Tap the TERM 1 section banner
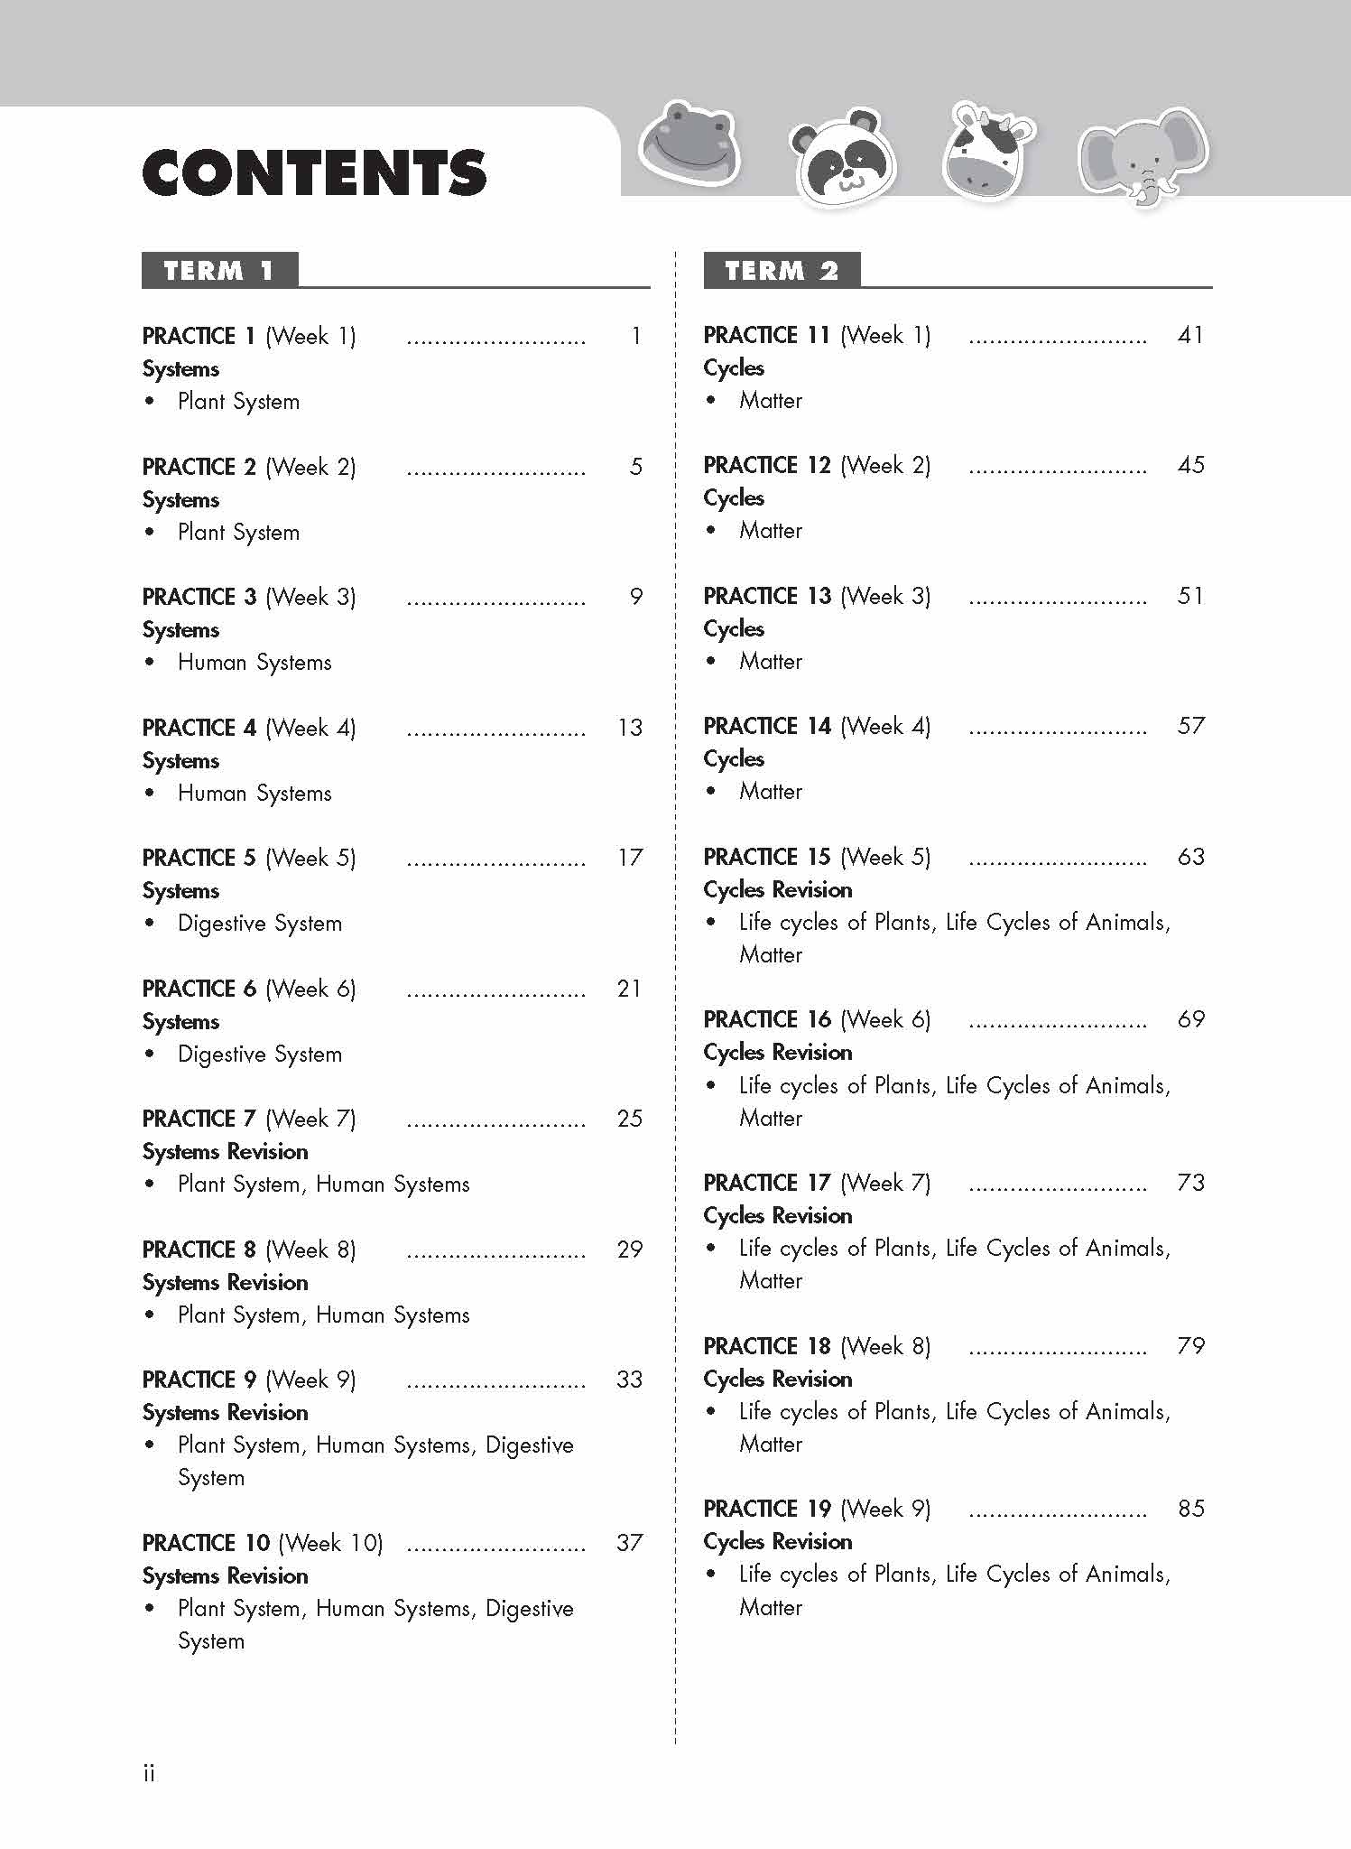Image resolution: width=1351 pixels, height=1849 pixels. pos(219,271)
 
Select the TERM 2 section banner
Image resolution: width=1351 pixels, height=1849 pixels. pos(782,271)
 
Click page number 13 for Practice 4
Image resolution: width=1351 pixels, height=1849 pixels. pos(630,728)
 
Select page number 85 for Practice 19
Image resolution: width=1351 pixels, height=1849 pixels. pos(1190,1509)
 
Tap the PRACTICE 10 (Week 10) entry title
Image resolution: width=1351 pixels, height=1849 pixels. pos(263,1543)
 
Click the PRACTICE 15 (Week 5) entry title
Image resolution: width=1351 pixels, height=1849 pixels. pos(817,857)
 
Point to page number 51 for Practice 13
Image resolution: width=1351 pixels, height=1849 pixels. pos(1190,596)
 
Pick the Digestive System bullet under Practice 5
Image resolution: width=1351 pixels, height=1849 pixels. pos(260,924)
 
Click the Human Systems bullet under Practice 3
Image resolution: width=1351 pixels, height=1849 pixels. pos(254,663)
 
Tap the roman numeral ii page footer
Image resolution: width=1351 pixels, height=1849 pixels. pos(149,1773)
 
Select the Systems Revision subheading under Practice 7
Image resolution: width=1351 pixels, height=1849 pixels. pos(226,1152)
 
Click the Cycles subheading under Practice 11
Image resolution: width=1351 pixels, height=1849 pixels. pos(734,368)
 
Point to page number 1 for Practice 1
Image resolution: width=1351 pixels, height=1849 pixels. pos(636,337)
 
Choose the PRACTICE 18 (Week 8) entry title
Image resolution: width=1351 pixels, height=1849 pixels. pos(817,1346)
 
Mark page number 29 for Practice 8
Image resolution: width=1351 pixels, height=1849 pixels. pos(630,1250)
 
